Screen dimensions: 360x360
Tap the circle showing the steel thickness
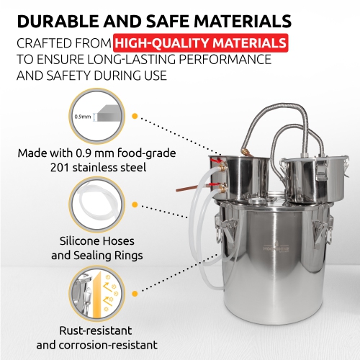click(94, 116)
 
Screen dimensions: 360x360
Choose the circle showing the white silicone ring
click(94, 204)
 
